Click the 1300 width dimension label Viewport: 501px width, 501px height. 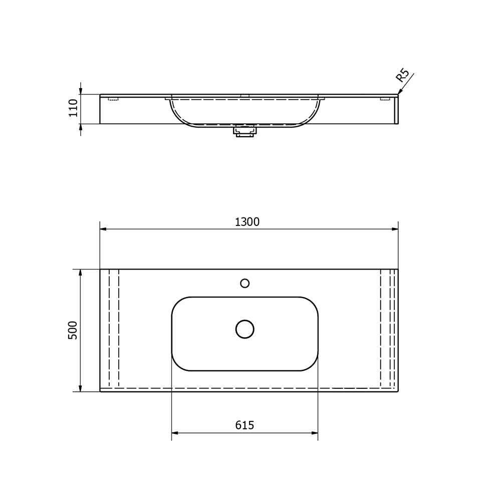click(247, 222)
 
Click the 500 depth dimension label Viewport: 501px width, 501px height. click(73, 330)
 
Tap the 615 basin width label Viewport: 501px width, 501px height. click(244, 425)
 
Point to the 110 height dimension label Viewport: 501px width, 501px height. click(74, 108)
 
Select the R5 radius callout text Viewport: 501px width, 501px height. click(402, 76)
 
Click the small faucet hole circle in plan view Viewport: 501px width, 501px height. click(245, 283)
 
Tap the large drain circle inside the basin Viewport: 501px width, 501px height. click(245, 329)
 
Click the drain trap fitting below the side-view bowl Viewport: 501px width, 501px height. click(245, 131)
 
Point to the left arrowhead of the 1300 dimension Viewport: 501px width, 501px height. click(103, 229)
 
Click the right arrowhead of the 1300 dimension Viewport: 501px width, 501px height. click(395, 229)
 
